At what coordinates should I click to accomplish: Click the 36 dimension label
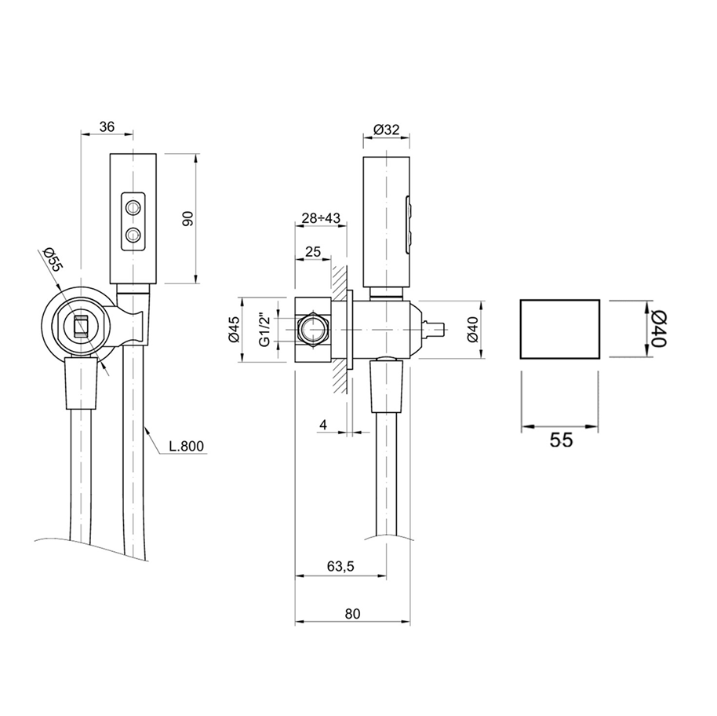(x=107, y=126)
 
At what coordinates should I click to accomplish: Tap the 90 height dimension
(x=187, y=218)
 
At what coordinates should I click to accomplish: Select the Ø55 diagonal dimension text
(x=51, y=259)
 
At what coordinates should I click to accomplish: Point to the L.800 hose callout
(x=186, y=446)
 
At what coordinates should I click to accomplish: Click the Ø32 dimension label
(x=387, y=130)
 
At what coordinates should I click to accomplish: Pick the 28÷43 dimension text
(x=321, y=218)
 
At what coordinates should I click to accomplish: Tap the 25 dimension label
(x=313, y=252)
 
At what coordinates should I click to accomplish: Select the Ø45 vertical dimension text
(x=235, y=330)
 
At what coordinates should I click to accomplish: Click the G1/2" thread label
(x=265, y=330)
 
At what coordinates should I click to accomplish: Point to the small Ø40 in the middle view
(x=473, y=330)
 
